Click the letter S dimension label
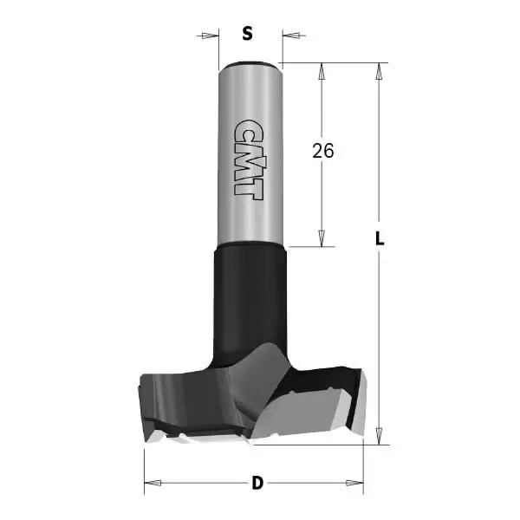click(x=247, y=35)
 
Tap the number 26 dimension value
click(x=323, y=151)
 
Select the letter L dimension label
click(x=380, y=241)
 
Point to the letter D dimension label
click(x=257, y=483)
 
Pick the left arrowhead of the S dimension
click(x=208, y=36)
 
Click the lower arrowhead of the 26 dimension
click(x=322, y=238)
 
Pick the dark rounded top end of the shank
click(x=248, y=65)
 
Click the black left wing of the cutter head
click(x=173, y=390)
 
